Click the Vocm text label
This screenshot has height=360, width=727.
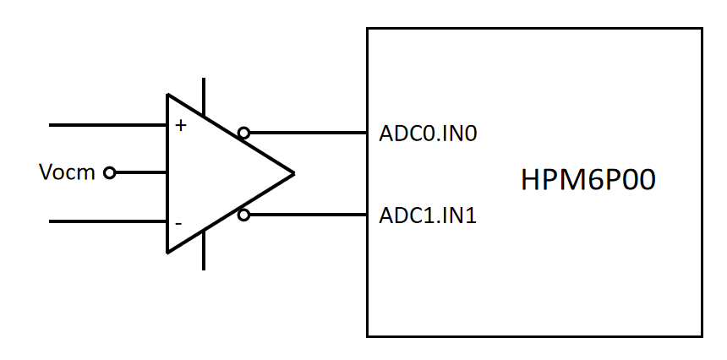67,173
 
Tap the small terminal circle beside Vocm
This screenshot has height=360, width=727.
109,173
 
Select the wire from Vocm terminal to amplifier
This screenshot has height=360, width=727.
140,173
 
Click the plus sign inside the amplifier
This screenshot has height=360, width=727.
180,126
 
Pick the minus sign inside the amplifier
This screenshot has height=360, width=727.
178,223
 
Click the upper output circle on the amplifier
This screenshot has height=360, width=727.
243,133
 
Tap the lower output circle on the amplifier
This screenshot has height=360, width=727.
243,215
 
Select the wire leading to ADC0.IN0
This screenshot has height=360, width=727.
308,133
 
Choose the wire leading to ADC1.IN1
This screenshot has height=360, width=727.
308,215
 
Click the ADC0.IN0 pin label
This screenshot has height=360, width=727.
428,134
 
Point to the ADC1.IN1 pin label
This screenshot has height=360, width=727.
428,216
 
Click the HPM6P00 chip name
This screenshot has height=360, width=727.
588,181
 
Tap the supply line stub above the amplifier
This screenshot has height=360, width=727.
204,95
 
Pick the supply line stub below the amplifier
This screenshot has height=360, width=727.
204,251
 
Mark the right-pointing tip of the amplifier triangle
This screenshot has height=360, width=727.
292,174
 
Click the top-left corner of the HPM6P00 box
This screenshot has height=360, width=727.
368,29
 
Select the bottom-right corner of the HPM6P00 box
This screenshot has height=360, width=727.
702,335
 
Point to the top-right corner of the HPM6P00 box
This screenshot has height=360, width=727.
702,29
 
